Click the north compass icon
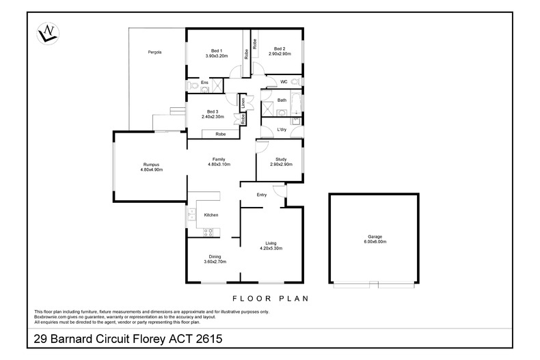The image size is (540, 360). tap(48, 33)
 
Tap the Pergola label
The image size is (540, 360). tap(154, 53)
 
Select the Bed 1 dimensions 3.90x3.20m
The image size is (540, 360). tap(217, 56)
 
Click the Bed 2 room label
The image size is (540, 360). tap(280, 49)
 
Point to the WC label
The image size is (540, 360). tap(284, 82)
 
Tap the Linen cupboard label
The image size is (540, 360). tap(243, 103)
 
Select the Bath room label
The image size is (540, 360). tap(282, 100)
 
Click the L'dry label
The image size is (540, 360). tap(282, 129)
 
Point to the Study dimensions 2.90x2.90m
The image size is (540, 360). tap(282, 165)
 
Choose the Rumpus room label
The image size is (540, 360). tap(152, 165)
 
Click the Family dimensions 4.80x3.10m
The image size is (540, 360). tap(219, 165)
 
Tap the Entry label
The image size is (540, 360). tap(262, 195)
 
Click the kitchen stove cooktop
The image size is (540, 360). tap(208, 232)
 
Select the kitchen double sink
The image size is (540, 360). tap(191, 214)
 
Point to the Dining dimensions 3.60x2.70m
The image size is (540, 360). tap(215, 262)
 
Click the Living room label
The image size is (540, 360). tap(271, 243)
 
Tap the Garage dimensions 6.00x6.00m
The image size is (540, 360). tap(375, 242)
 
